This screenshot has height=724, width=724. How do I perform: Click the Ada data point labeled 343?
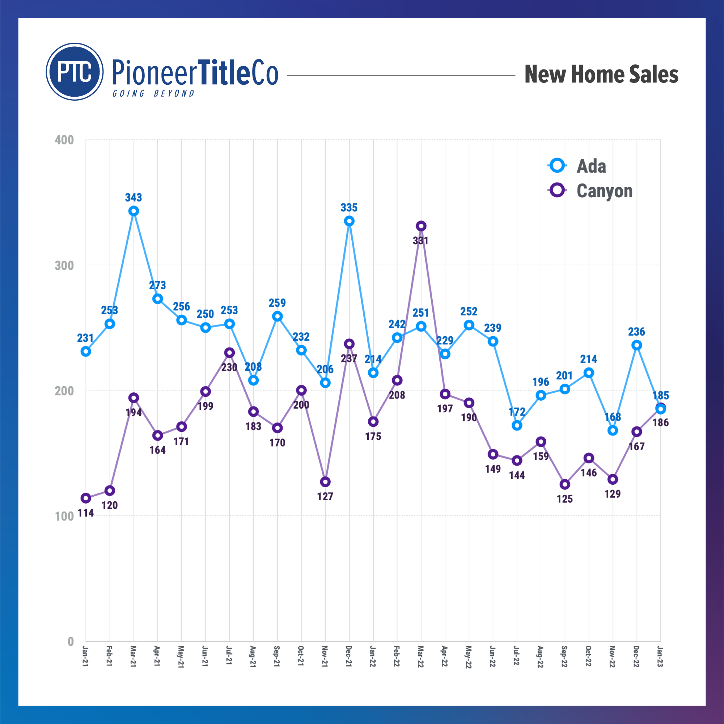click(x=134, y=211)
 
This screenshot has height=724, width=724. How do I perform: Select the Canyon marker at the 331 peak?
click(x=421, y=226)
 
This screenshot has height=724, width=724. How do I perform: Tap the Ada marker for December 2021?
click(x=349, y=221)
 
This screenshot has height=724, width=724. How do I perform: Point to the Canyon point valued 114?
click(x=86, y=498)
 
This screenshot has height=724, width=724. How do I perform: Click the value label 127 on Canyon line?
click(x=325, y=496)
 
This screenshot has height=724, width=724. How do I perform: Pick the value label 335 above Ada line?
click(x=349, y=207)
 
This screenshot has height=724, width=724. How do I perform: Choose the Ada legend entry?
click(x=577, y=166)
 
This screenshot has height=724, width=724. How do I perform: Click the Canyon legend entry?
click(x=590, y=191)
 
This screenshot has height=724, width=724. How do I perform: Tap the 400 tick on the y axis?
click(x=64, y=140)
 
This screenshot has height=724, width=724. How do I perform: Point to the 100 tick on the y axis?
click(x=64, y=516)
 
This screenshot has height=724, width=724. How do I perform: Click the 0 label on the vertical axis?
click(x=71, y=641)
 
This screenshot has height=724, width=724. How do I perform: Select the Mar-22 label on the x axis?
click(x=420, y=657)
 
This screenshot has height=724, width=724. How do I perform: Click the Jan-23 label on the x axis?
click(x=660, y=657)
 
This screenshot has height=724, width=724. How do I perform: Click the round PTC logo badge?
click(x=75, y=72)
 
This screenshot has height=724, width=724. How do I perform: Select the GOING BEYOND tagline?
click(x=153, y=93)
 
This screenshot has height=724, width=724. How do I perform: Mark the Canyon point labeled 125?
click(x=565, y=484)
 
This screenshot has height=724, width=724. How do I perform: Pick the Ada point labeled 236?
click(x=636, y=345)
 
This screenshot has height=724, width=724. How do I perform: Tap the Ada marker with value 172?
click(x=517, y=426)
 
